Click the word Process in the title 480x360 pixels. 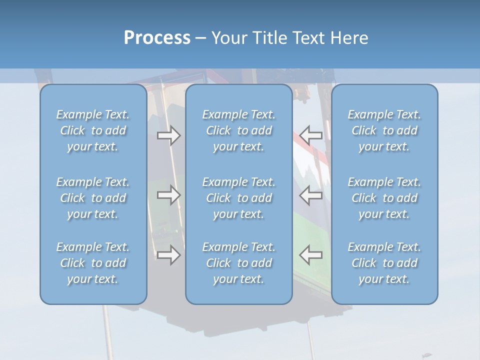tap(157, 38)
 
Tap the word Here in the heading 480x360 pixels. tap(349, 38)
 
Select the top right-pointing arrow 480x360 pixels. tap(168, 135)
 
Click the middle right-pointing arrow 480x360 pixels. tap(168, 195)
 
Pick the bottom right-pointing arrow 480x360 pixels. tap(168, 255)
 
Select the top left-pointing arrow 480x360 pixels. tap(311, 135)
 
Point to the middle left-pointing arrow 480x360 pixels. tap(311, 195)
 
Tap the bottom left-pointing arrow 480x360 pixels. tap(311, 255)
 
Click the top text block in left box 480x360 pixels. tap(93, 130)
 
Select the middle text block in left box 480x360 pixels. tap(93, 198)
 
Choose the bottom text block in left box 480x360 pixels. tap(93, 263)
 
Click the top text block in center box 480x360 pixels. tap(239, 130)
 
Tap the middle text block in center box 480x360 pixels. tap(239, 198)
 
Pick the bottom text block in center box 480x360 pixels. tap(239, 263)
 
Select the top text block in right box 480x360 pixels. tap(384, 130)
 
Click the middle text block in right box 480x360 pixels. tap(384, 198)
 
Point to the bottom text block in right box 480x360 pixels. tap(384, 263)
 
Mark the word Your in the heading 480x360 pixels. tap(228, 38)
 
